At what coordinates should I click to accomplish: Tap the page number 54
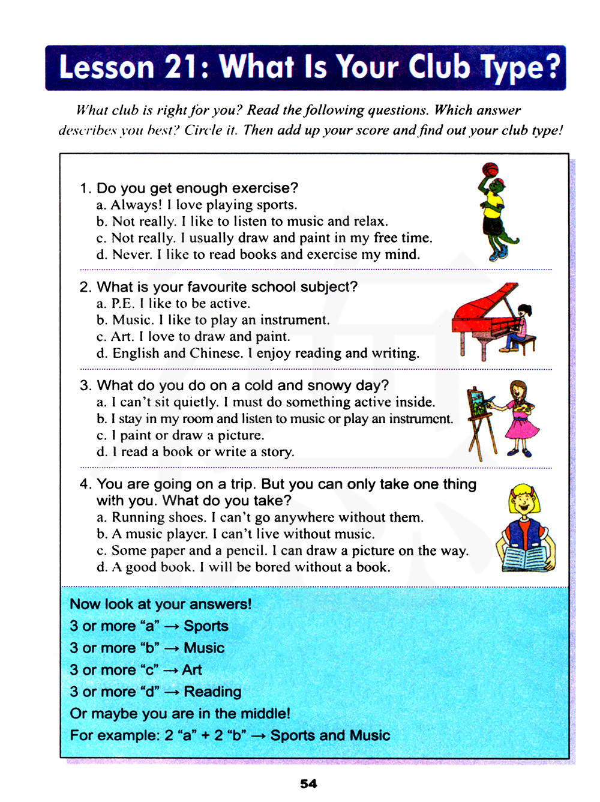[308, 783]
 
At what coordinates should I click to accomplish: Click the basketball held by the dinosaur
[490, 169]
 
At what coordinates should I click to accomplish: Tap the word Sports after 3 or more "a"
[206, 626]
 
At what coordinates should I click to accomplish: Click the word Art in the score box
[192, 670]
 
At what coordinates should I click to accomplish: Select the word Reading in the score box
[212, 692]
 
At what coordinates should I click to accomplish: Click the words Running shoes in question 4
[158, 517]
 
